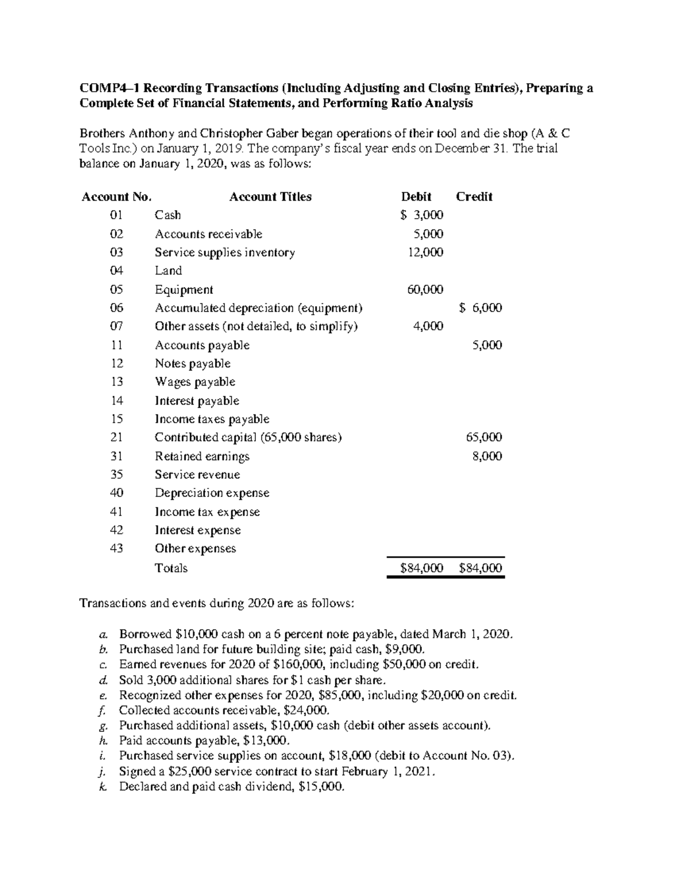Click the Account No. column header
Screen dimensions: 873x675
point(116,197)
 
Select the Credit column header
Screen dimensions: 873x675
point(474,197)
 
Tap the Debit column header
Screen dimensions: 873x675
point(416,197)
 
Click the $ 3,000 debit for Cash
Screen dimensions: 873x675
point(422,215)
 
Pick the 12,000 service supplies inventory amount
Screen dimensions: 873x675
point(425,252)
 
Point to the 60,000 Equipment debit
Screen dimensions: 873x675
point(425,290)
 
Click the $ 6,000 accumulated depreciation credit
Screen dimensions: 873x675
point(480,308)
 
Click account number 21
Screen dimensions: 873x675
point(116,437)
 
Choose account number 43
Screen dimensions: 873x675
point(116,549)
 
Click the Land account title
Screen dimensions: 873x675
point(168,271)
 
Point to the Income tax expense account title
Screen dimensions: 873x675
point(207,512)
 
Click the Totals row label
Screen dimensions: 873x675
point(171,568)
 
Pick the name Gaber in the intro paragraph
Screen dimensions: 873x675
point(283,134)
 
